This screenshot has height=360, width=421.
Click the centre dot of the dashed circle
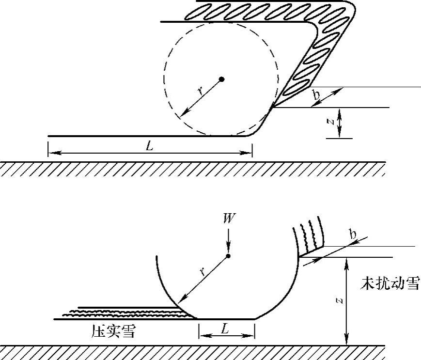(x=221, y=79)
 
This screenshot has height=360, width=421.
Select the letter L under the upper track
(x=150, y=145)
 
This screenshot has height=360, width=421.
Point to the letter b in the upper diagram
(x=316, y=95)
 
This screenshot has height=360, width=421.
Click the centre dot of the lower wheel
(x=228, y=256)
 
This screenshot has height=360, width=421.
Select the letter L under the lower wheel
(x=225, y=329)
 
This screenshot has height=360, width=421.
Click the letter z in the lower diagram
(x=341, y=301)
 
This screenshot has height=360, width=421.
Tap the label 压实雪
(x=113, y=332)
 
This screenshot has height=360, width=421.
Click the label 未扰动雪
(x=390, y=283)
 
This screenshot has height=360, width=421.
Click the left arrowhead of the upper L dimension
(x=52, y=153)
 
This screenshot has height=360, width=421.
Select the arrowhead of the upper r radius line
(x=182, y=115)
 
